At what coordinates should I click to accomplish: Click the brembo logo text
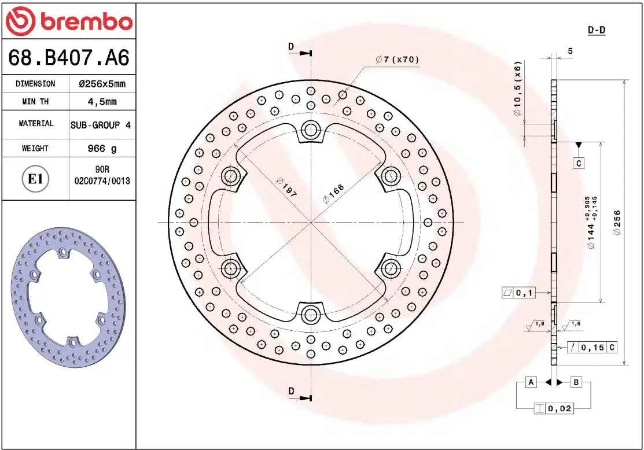[x=86, y=21]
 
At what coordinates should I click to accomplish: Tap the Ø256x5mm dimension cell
[x=102, y=84]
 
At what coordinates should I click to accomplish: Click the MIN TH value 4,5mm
[x=102, y=102]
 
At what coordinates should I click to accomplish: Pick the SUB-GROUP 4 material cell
[x=101, y=124]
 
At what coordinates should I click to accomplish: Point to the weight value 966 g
[x=102, y=149]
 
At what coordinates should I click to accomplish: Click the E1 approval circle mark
[x=35, y=179]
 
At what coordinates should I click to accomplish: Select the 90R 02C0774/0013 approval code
[x=102, y=175]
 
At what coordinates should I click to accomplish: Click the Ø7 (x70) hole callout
[x=397, y=60]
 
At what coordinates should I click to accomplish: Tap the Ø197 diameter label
[x=286, y=187]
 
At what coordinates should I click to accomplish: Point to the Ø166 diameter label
[x=333, y=194]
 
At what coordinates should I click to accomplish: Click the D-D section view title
[x=596, y=30]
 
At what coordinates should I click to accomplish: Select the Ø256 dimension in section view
[x=617, y=223]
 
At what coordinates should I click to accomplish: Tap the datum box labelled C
[x=578, y=164]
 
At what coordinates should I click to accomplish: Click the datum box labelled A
[x=531, y=382]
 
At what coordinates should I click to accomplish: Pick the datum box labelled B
[x=576, y=382]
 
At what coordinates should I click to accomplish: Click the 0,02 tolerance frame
[x=554, y=408]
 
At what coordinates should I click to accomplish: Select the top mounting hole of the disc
[x=311, y=130]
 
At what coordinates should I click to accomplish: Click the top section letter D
[x=291, y=46]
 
